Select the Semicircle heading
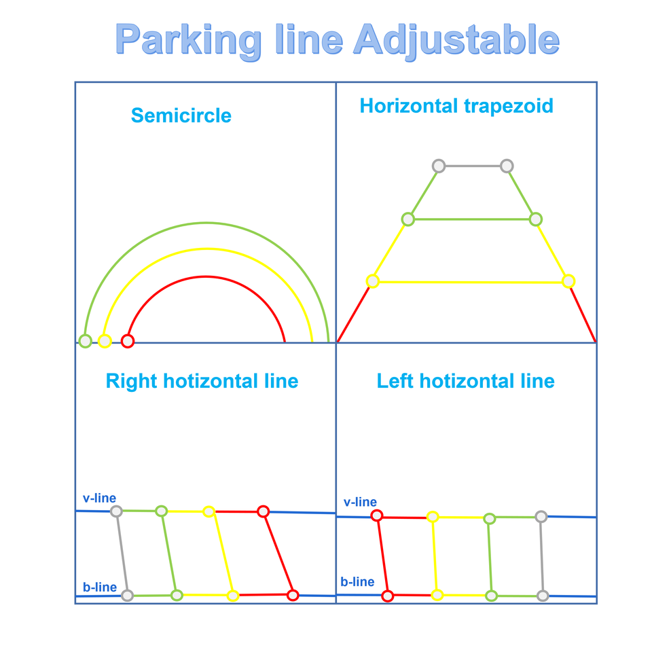tap(181, 115)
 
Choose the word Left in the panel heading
tap(395, 381)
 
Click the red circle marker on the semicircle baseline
tap(127, 341)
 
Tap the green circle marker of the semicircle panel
tap(85, 341)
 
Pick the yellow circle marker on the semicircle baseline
tap(105, 341)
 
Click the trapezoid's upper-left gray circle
tap(439, 166)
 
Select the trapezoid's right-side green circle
tap(535, 219)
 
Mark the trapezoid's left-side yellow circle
tap(372, 281)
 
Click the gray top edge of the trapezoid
tap(473, 166)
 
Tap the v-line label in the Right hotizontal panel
tap(99, 499)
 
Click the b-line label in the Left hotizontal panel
tap(357, 582)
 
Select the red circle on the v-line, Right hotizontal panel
tap(264, 511)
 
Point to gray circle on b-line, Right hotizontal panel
tap(127, 596)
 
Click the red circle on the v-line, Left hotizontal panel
tap(377, 516)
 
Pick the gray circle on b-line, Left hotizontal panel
tap(543, 596)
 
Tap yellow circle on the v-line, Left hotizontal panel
tap(433, 517)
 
